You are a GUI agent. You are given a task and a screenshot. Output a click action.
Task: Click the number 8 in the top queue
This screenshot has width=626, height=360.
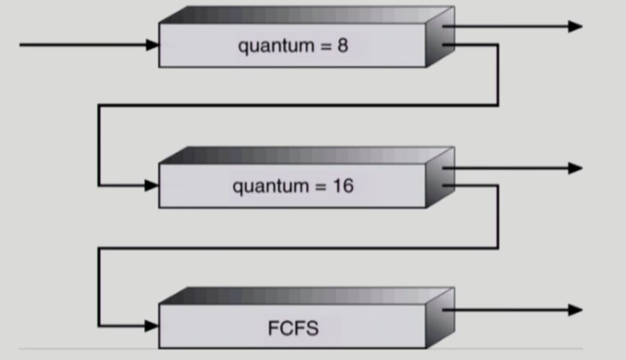pos(342,46)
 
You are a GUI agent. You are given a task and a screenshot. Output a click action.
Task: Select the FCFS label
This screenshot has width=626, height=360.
pos(293,328)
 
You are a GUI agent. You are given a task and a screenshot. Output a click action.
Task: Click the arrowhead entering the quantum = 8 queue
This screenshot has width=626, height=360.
pos(152,45)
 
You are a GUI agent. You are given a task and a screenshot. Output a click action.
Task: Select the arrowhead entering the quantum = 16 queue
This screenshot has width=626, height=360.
pos(152,186)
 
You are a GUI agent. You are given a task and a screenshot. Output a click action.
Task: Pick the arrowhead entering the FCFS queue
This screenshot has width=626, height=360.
pos(152,326)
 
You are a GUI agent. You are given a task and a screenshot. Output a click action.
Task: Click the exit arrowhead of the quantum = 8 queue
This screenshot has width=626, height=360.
pos(575,26)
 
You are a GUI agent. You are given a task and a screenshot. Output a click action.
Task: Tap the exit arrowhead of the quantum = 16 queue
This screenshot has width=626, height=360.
pos(575,168)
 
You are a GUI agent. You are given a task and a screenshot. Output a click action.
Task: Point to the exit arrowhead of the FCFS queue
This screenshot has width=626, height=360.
pos(575,310)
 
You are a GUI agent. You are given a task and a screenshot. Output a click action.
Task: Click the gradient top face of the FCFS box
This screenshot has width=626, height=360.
pos(306,295)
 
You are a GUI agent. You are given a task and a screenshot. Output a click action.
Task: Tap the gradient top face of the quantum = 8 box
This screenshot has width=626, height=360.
pos(306,15)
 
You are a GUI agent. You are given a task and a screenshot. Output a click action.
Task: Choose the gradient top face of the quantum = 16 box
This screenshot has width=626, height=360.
pos(306,156)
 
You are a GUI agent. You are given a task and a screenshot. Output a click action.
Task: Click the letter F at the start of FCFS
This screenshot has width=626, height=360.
pos(273,328)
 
